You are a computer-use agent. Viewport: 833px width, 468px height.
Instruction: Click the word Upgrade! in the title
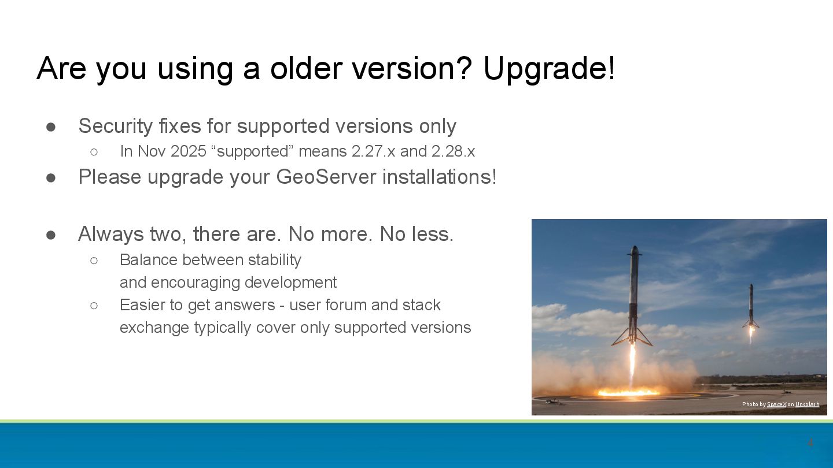550,69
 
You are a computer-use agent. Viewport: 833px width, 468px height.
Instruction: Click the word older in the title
305,68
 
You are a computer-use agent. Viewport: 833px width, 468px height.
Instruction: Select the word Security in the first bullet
115,127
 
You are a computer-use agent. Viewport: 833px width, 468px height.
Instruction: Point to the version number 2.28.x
454,151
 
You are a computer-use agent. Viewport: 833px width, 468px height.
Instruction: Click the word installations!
440,177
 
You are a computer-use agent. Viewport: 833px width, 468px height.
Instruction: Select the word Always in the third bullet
111,235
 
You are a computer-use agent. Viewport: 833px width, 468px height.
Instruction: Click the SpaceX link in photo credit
776,404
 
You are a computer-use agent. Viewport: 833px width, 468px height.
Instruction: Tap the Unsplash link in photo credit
807,404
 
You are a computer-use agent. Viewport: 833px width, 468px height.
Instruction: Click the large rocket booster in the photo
633,295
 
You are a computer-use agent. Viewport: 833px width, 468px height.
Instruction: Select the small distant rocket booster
751,306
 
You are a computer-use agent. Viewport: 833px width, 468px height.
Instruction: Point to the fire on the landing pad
628,392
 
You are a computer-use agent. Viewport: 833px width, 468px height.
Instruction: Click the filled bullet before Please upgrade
51,178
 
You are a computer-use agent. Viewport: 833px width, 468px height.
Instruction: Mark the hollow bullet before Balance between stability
94,261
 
